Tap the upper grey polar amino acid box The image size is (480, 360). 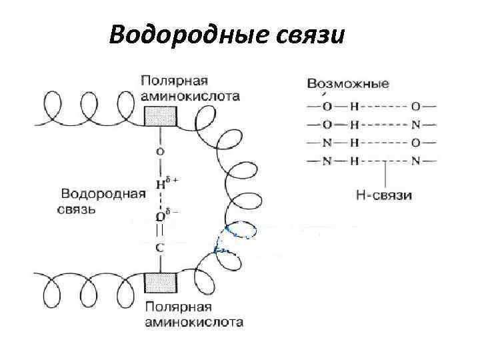point(160,116)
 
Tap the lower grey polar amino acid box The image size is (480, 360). point(160,283)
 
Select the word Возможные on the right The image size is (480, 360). point(348,85)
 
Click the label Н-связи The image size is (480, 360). point(384,195)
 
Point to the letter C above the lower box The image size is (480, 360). point(159,247)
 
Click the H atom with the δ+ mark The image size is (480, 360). point(159,184)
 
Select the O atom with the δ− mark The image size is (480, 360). point(159,215)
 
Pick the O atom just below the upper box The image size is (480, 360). point(159,151)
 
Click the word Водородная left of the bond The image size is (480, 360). point(103,195)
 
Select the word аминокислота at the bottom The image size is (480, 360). point(193,323)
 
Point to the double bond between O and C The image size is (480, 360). point(159,231)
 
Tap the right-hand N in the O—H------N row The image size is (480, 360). point(415,124)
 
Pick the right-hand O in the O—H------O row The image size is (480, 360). point(415,106)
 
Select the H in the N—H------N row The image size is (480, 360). point(354,160)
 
